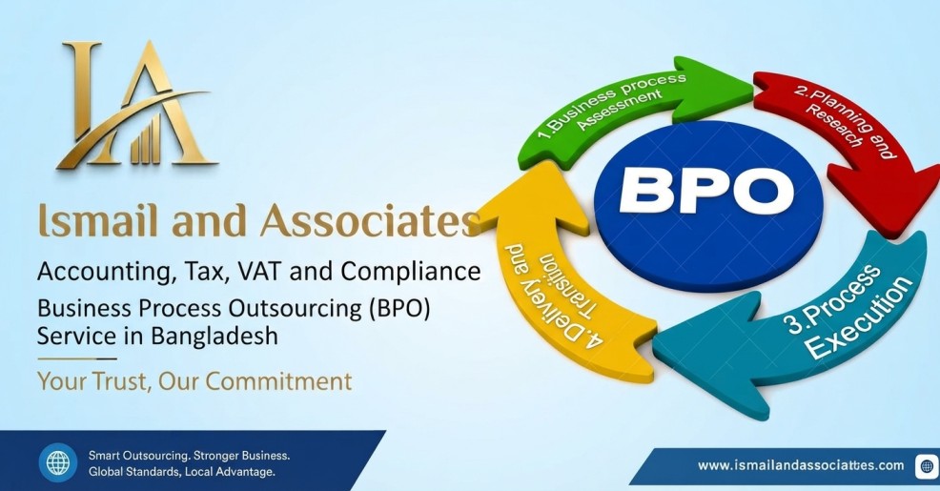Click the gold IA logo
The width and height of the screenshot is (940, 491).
(x=136, y=104)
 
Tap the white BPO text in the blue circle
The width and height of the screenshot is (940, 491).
(x=706, y=191)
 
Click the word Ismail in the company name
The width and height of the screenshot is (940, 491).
(x=99, y=220)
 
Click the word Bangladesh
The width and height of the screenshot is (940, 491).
(x=214, y=336)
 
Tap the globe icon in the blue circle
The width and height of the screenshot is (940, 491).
(x=58, y=462)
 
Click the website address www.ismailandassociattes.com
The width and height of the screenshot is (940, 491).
(x=801, y=465)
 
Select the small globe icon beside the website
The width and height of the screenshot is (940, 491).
(x=927, y=466)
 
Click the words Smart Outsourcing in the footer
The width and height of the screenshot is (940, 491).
(x=138, y=456)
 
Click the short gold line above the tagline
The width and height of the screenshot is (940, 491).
(x=76, y=359)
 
